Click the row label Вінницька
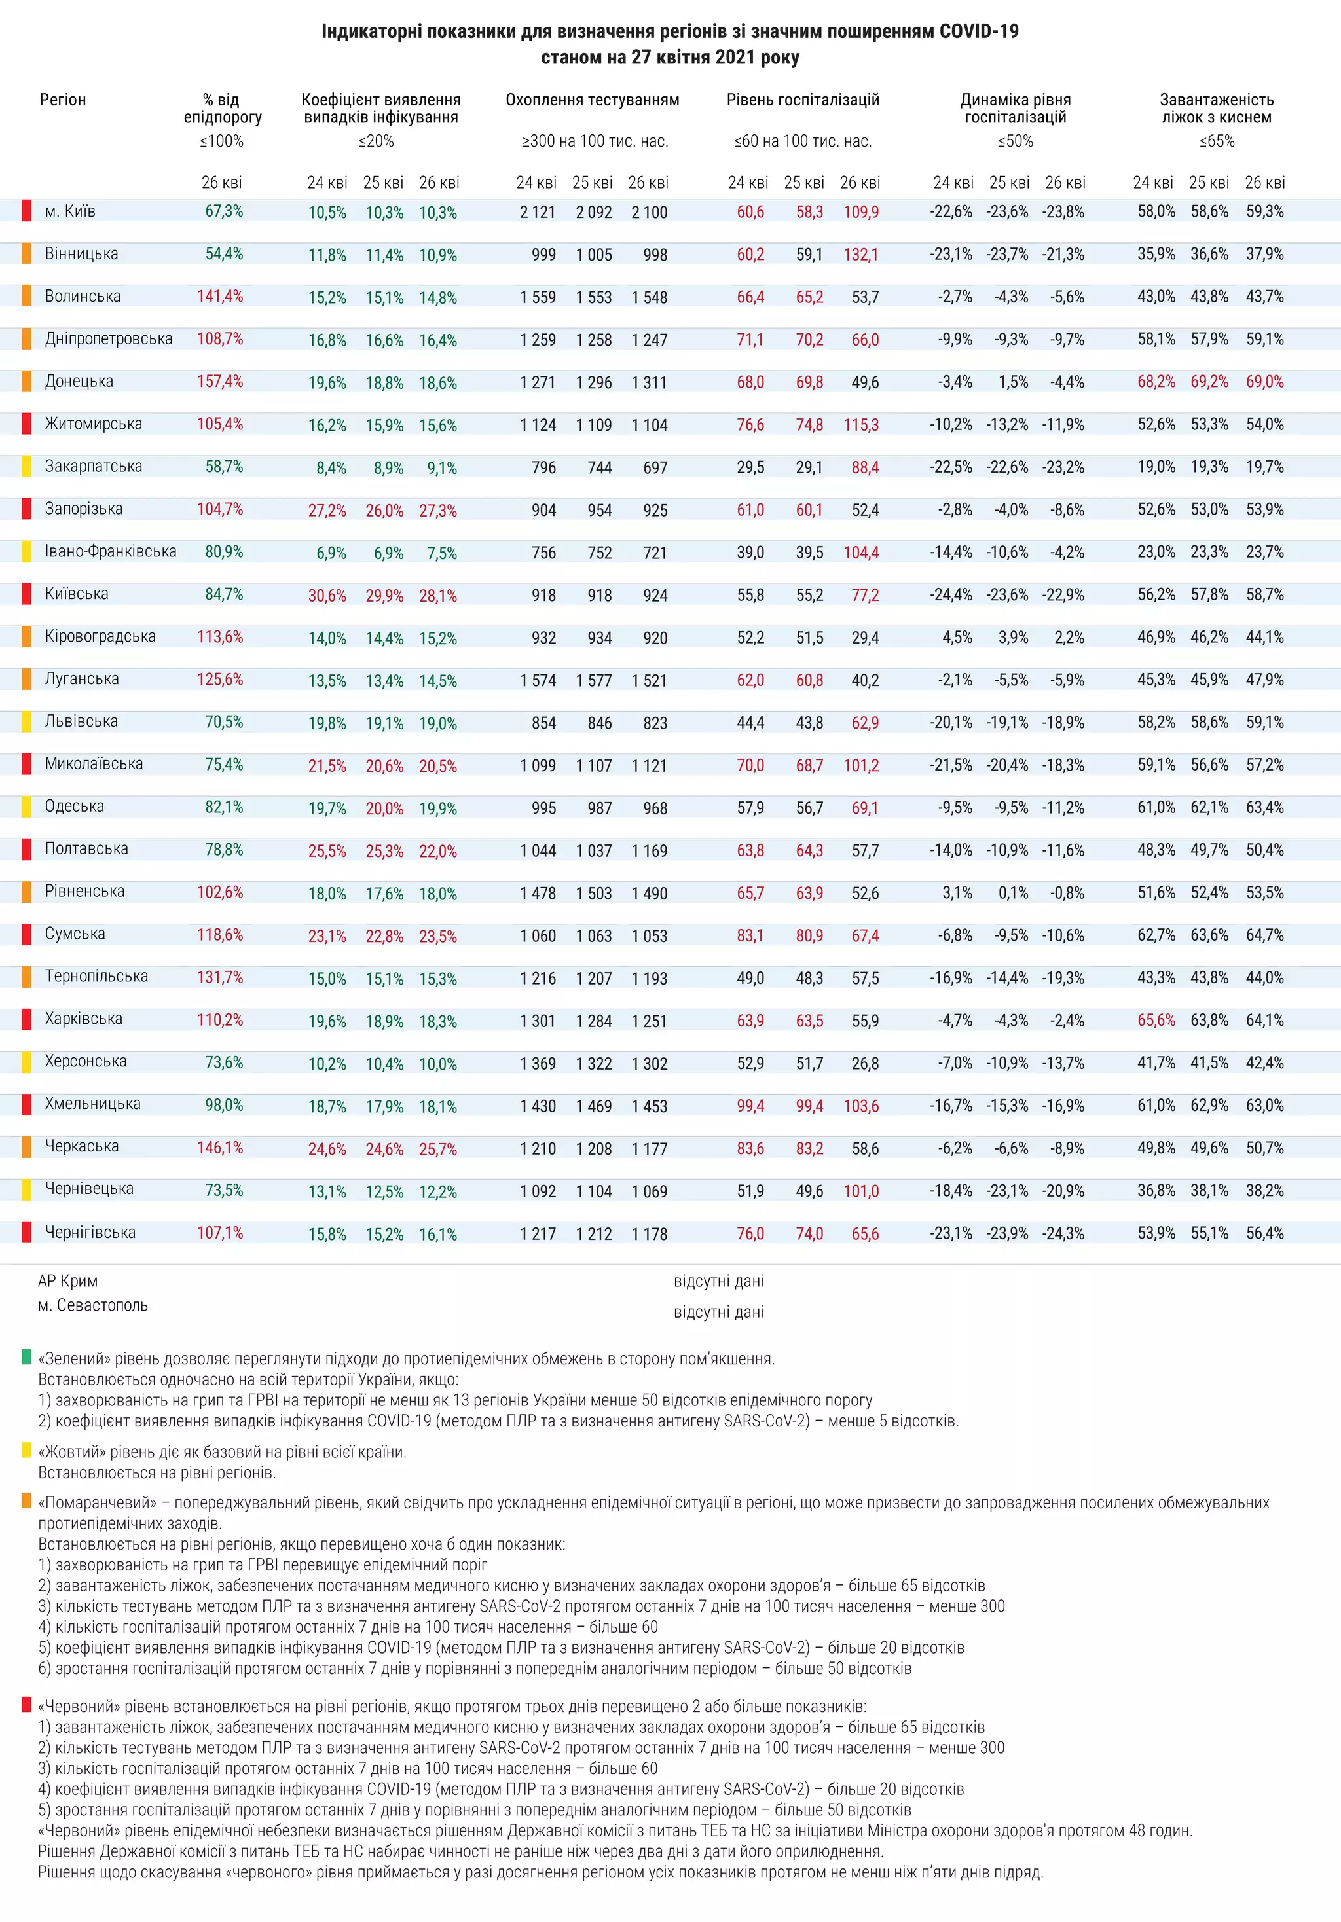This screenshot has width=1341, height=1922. (81, 253)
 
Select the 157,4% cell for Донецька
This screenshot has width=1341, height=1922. (219, 382)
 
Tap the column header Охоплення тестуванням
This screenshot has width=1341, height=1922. (592, 100)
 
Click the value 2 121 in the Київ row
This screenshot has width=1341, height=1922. (538, 213)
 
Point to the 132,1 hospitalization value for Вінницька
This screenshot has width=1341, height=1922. (860, 255)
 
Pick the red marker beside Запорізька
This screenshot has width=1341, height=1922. (27, 508)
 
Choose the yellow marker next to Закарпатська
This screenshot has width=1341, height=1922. (27, 466)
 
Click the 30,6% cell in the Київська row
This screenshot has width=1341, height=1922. (327, 596)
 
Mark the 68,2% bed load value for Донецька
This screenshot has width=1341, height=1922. (1156, 382)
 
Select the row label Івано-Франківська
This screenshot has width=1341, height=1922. (111, 552)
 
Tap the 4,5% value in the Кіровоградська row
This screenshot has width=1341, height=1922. (957, 638)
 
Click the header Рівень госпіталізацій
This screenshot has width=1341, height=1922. (802, 100)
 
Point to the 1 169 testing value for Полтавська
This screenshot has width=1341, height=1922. (649, 851)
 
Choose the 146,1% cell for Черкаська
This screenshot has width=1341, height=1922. (219, 1148)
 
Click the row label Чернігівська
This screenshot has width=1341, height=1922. (90, 1232)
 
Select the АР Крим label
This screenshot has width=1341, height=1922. (68, 1280)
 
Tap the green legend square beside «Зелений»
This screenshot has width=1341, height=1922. (27, 1357)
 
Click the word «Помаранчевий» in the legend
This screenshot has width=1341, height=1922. (97, 1502)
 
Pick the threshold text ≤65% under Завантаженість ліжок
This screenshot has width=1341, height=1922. (1217, 141)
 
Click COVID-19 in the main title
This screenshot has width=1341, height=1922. (978, 32)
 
